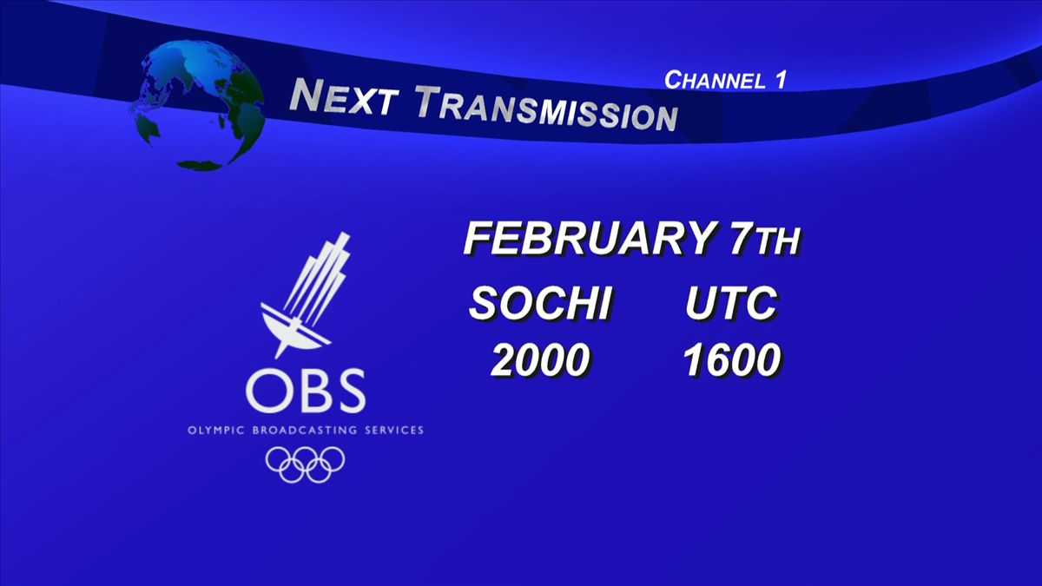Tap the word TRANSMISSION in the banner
[546, 109]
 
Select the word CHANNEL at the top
[715, 81]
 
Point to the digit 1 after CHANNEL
[781, 80]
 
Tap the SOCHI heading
[540, 303]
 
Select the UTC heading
[731, 303]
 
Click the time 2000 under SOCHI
[540, 359]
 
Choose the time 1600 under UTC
[732, 359]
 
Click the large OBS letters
[306, 392]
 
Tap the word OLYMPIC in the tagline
[216, 431]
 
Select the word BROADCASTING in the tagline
[304, 431]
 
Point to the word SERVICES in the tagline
[394, 431]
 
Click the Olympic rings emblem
[305, 464]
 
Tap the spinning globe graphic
[198, 105]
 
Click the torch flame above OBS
[318, 278]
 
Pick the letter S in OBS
[349, 392]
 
